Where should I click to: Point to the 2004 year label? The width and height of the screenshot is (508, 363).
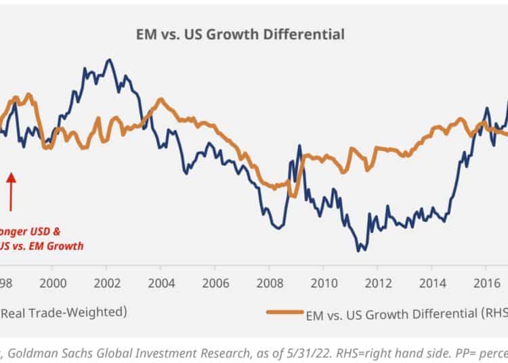pos(160,282)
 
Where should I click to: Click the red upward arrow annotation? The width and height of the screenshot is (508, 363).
pos(11,190)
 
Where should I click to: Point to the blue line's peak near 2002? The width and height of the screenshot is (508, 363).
pos(108,60)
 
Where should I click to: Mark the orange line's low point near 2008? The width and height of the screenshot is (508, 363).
pos(274,188)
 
